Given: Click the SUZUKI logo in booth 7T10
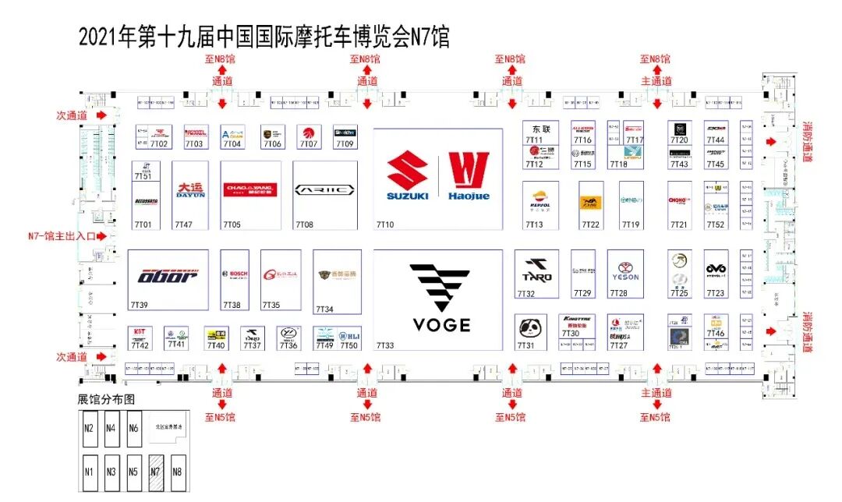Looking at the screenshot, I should tap(407, 176).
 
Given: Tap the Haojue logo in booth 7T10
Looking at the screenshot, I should tap(469, 176).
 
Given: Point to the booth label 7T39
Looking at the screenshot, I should tap(140, 306).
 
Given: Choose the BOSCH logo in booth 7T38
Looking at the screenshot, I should tap(235, 274).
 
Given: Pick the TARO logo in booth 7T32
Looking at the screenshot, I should tap(537, 270).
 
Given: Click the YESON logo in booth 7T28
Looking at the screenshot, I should tap(625, 270).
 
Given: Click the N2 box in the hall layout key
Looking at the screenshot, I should tap(89, 428).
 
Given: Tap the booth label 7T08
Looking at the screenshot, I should tap(304, 225).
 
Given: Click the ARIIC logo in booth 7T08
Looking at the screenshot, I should tap(324, 189).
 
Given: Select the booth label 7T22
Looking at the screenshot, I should tap(590, 225).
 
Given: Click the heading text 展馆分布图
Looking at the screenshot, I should tap(106, 398).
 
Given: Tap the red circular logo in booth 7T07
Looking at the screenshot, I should tap(310, 133).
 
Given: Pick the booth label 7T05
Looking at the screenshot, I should tap(232, 225).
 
